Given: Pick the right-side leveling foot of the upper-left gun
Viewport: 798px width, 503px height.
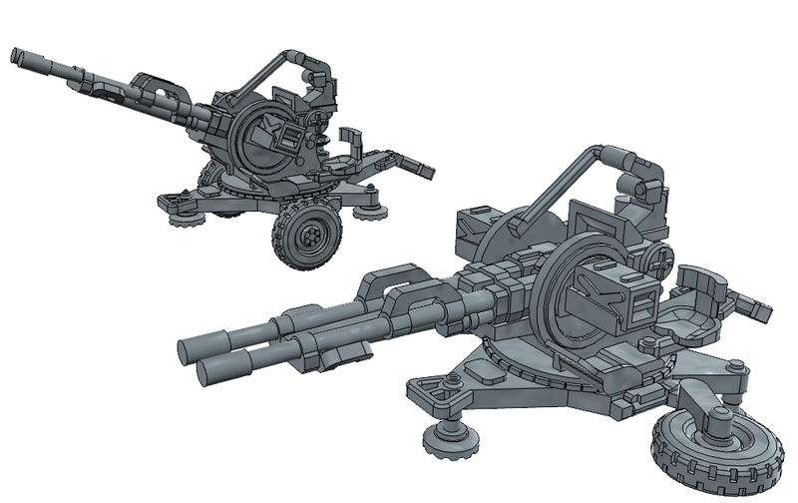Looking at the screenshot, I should point(370,208).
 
